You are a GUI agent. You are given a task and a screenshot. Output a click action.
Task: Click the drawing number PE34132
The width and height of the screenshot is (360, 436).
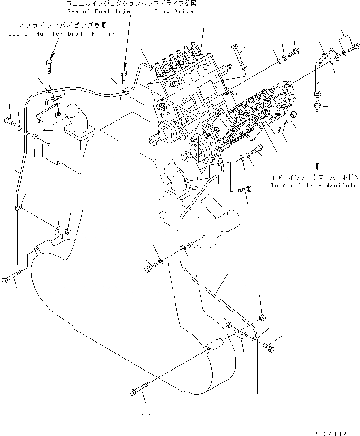tap(333, 432)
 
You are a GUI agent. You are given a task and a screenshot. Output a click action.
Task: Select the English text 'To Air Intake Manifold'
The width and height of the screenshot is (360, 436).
tap(313, 185)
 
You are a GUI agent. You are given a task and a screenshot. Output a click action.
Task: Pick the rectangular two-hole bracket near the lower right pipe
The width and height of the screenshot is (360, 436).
tap(241, 334)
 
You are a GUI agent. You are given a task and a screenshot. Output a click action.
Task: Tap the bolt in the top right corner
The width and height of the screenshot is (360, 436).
tap(353, 46)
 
